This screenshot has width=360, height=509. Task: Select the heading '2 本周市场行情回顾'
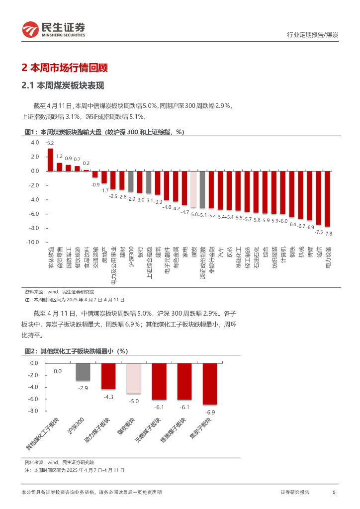65,68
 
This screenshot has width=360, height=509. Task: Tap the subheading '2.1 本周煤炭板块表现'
63,86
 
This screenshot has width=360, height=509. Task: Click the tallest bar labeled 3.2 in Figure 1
50,160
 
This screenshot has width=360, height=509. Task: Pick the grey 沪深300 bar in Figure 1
131,181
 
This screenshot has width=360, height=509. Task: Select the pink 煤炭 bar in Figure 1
193,189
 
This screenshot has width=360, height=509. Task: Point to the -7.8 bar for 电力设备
328,199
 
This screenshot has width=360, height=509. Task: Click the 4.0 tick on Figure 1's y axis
35,142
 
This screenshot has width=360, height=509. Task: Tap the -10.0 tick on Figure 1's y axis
33,242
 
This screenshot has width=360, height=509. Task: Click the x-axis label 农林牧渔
50,257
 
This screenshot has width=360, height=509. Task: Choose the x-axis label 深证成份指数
203,264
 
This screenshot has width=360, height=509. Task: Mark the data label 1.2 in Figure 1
59,157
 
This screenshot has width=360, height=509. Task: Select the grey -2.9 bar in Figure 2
83,372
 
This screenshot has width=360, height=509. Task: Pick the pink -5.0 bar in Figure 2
134,378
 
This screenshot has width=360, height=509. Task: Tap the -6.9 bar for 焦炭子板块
210,384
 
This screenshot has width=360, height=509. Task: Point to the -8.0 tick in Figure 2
33,411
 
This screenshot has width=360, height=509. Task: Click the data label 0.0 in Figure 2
58,371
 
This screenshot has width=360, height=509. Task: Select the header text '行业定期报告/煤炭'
313,35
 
